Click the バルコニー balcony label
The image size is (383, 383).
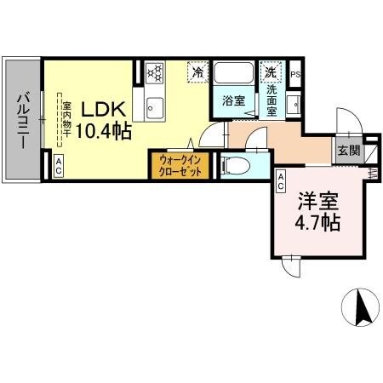[x=20, y=121]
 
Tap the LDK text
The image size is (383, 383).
[x=104, y=110]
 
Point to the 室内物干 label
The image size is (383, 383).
[x=66, y=121]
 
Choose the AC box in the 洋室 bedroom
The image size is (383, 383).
[x=280, y=178]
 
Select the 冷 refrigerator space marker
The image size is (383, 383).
[x=197, y=72]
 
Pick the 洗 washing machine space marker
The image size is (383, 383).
[x=271, y=72]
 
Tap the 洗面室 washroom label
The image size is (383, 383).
[x=272, y=99]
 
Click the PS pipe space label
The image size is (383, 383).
[x=296, y=75]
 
